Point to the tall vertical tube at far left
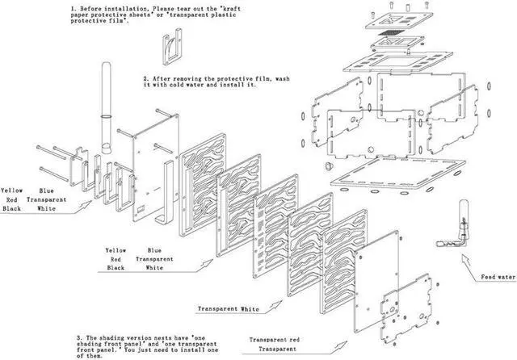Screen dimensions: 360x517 pyautogui.click(x=106, y=105)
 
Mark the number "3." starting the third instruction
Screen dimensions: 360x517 pyautogui.click(x=79, y=335)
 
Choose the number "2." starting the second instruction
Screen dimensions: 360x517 pyautogui.click(x=146, y=79)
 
